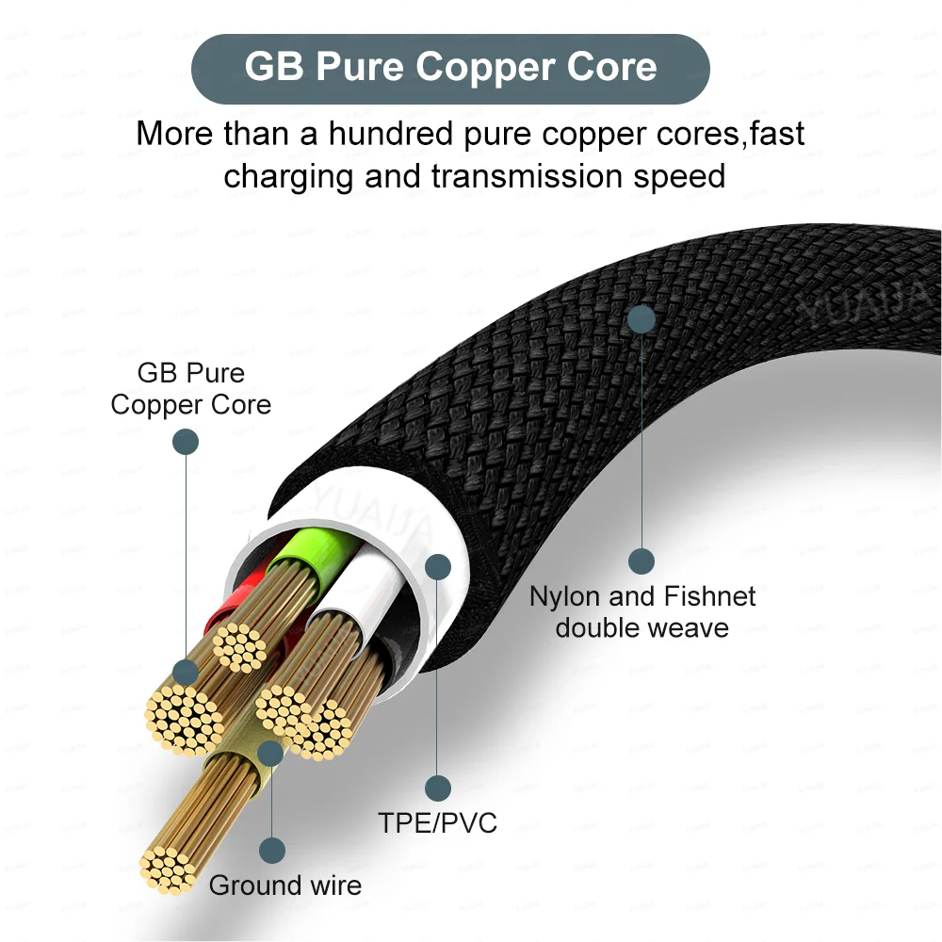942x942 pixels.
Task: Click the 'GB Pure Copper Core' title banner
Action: [x=450, y=68]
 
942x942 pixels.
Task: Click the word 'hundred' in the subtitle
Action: [x=389, y=133]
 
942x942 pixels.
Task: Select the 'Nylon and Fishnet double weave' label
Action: [x=642, y=611]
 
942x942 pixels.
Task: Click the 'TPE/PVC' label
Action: [x=438, y=822]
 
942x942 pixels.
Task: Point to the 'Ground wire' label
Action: [x=284, y=885]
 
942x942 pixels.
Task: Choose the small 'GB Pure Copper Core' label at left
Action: [x=190, y=388]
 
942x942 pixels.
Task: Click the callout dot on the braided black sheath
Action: [x=642, y=317]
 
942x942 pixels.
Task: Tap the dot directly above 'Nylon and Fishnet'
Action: [x=642, y=561]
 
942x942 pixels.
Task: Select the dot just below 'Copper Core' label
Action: [x=186, y=441]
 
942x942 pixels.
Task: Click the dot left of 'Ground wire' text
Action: [x=272, y=852]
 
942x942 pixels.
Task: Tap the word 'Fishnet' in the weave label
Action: [x=710, y=596]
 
